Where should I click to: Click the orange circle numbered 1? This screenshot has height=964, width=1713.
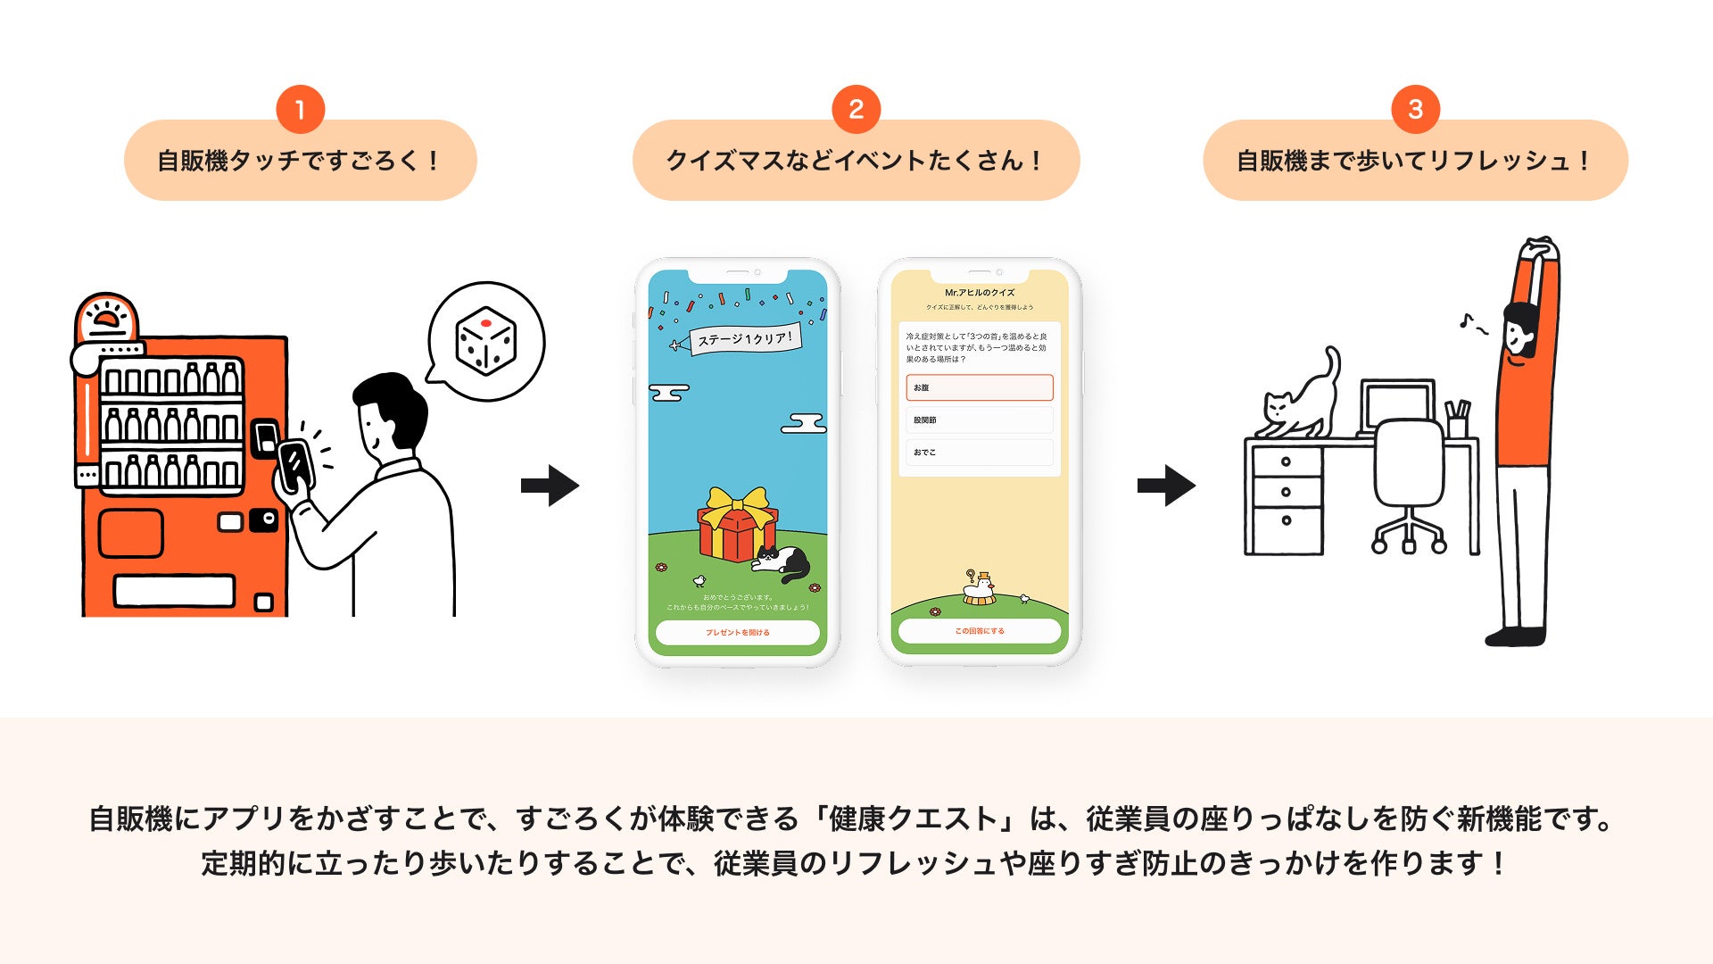pyautogui.click(x=300, y=110)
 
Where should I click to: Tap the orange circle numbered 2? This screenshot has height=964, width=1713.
pyautogui.click(x=856, y=110)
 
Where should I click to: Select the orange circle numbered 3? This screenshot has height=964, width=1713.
pyautogui.click(x=1415, y=110)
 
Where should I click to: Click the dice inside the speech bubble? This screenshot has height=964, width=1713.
pyautogui.click(x=485, y=341)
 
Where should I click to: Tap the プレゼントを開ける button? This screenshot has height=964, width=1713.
pyautogui.click(x=737, y=632)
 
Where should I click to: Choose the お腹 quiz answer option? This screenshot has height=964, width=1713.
pyautogui.click(x=979, y=387)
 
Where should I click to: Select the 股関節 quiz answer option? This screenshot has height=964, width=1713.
pyautogui.click(x=979, y=420)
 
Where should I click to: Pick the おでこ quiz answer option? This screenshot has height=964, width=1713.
pyautogui.click(x=979, y=453)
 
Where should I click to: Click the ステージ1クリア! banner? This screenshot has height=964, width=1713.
pyautogui.click(x=744, y=339)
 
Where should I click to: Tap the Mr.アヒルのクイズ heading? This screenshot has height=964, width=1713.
pyautogui.click(x=979, y=293)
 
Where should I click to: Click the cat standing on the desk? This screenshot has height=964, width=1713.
pyautogui.click(x=1303, y=398)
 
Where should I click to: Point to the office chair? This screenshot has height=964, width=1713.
pyautogui.click(x=1408, y=482)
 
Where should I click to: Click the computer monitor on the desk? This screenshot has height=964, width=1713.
pyautogui.click(x=1397, y=406)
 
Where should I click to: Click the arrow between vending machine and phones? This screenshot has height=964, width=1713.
pyautogui.click(x=550, y=486)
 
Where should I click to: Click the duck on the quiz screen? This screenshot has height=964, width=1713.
pyautogui.click(x=980, y=587)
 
